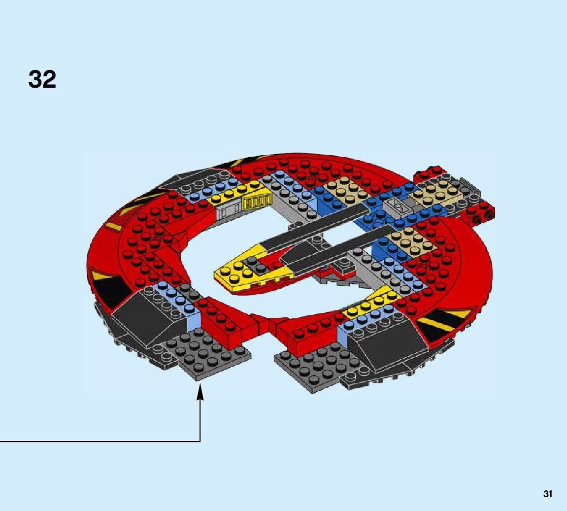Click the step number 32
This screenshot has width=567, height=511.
pyautogui.click(x=42, y=79)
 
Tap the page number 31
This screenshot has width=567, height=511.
pyautogui.click(x=548, y=494)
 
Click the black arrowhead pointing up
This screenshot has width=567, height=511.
pyautogui.click(x=200, y=392)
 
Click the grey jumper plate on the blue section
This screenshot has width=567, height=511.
pyautogui.click(x=399, y=205)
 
